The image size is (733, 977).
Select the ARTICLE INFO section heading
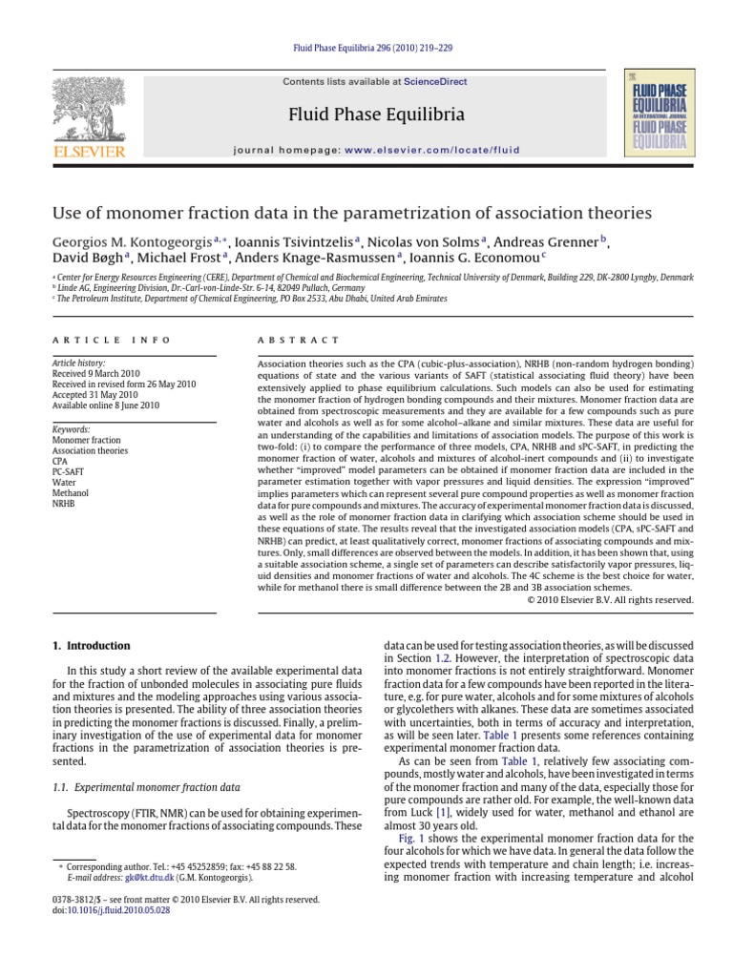112,340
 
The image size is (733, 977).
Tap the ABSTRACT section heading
299,340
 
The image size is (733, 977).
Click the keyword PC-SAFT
70,471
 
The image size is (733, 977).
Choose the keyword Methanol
71,492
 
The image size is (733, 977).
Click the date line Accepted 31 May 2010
95,394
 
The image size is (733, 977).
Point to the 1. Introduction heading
91,646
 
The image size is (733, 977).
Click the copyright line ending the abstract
611,600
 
